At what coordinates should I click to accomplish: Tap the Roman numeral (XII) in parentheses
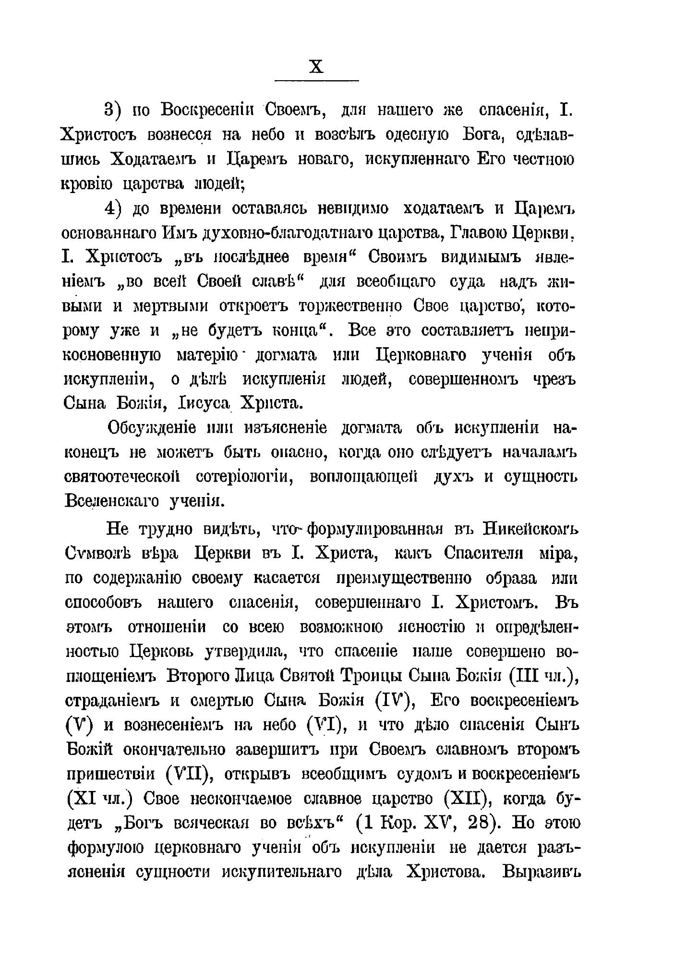[x=461, y=799]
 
